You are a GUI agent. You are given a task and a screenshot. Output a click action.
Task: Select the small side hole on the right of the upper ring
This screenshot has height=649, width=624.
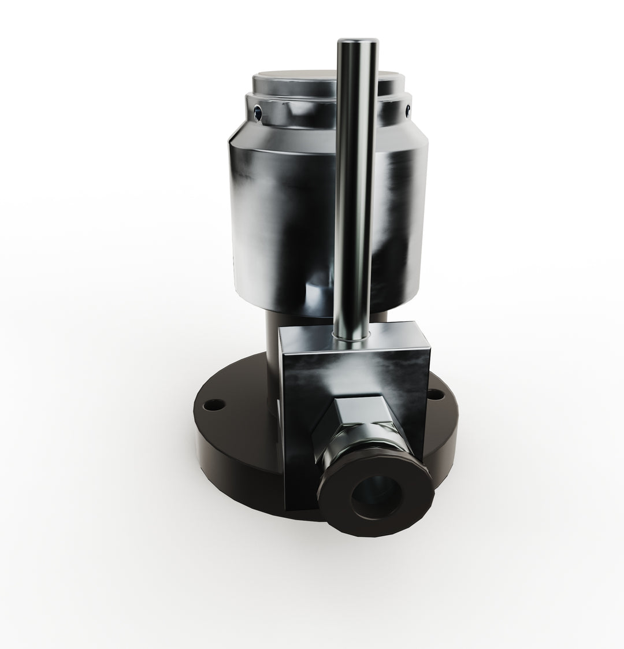click(408, 107)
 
